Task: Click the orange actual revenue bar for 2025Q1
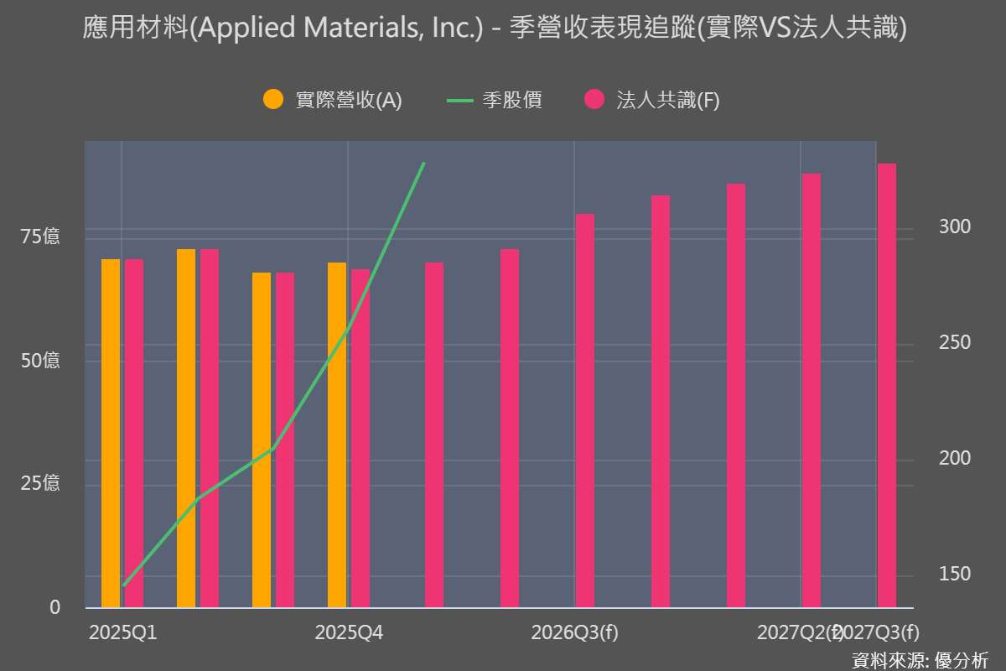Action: click(111, 433)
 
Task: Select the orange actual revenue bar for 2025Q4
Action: click(337, 434)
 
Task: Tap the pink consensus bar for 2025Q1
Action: click(134, 433)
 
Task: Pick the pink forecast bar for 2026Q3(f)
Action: click(585, 411)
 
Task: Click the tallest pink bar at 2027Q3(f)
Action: click(887, 386)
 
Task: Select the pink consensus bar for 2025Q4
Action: click(360, 438)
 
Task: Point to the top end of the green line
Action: click(424, 164)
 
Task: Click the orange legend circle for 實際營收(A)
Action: click(273, 100)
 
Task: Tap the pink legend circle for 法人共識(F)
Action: click(594, 100)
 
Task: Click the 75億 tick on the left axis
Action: click(40, 237)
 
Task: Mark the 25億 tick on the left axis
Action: click(40, 484)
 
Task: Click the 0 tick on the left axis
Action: click(55, 607)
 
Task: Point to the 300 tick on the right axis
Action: click(955, 227)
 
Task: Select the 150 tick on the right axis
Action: click(955, 574)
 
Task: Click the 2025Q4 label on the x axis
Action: click(349, 632)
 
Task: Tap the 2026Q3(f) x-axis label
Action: click(575, 632)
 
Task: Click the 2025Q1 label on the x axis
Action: click(122, 632)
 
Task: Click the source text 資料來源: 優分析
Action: click(920, 658)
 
